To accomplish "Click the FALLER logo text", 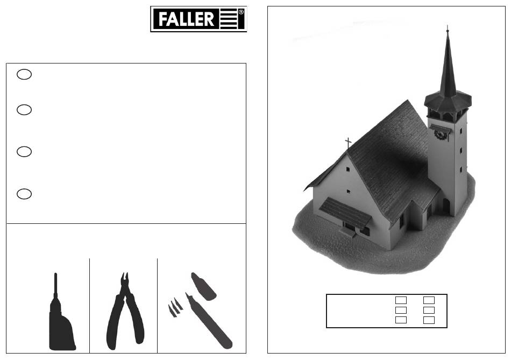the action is (x=186, y=19).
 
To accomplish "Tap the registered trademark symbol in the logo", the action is (x=241, y=12).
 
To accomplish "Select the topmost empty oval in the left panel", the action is (x=24, y=74).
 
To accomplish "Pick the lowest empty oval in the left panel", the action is (x=24, y=194).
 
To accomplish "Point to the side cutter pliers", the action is (x=125, y=312).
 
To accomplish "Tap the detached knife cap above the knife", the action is (x=203, y=286).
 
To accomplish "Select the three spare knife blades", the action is (x=175, y=307).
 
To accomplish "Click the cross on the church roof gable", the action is (x=349, y=143).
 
